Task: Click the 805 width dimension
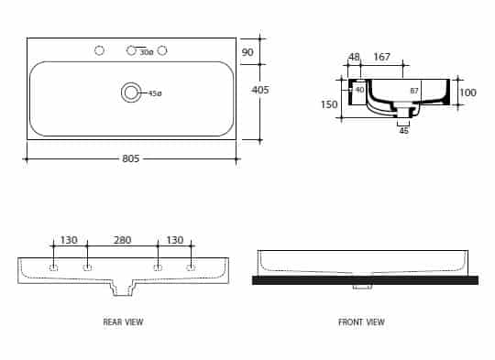click(131, 158)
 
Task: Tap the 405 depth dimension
click(260, 90)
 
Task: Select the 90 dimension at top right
click(247, 52)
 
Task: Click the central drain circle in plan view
click(131, 93)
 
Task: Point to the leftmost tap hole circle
click(99, 50)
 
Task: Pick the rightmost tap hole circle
click(162, 50)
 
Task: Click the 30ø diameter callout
click(147, 52)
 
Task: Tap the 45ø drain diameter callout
click(155, 93)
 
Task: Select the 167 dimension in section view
click(382, 57)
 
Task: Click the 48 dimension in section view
click(354, 57)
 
